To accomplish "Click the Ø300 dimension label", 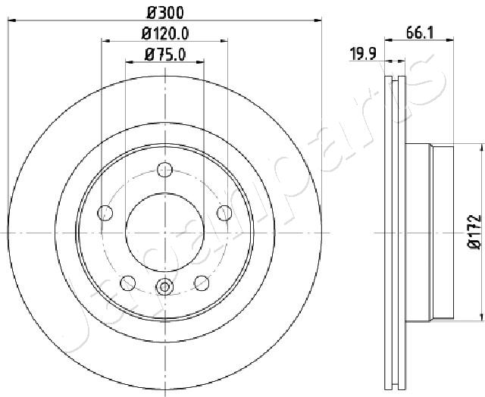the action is (165, 13).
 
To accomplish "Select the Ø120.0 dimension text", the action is (165, 33).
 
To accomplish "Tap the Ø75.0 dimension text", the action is (165, 55).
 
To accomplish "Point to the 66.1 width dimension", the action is (420, 33).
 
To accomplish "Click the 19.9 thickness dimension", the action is (363, 54).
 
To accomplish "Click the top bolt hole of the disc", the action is (164, 170).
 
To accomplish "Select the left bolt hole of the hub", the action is (105, 213).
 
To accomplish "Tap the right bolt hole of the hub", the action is (224, 213).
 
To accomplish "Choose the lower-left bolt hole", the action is (127, 283).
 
